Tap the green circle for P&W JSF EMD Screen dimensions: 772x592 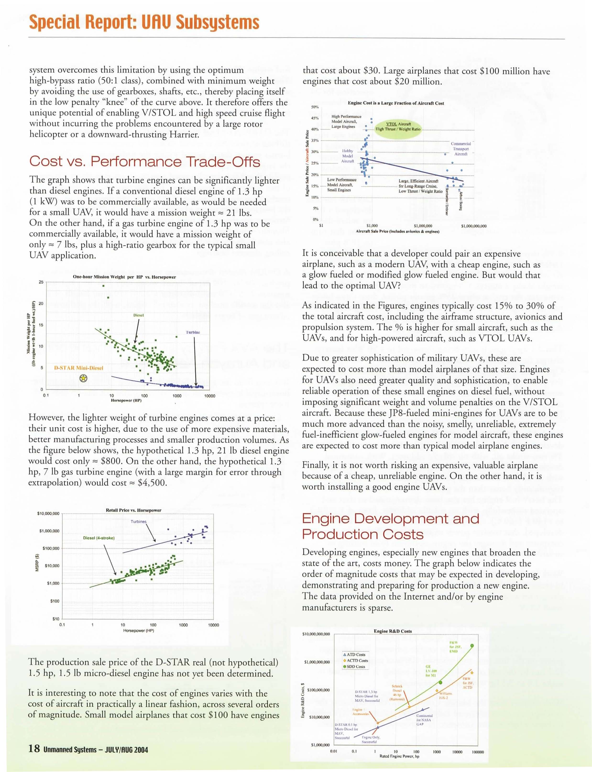pyautogui.click(x=472, y=646)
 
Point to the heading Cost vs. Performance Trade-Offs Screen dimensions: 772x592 pyautogui.click(x=144, y=161)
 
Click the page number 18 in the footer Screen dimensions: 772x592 pyautogui.click(x=34, y=749)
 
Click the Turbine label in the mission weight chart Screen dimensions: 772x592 pyautogui.click(x=193, y=332)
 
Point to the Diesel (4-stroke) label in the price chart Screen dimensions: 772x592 pyautogui.click(x=99, y=538)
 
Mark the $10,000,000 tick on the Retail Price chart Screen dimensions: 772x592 pyautogui.click(x=48, y=514)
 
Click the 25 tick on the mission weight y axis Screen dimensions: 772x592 pyautogui.click(x=41, y=282)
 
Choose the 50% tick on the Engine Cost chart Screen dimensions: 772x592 pyautogui.click(x=315, y=107)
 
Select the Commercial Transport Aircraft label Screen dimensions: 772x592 pyautogui.click(x=460, y=149)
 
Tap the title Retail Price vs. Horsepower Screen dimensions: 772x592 pyautogui.click(x=134, y=510)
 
